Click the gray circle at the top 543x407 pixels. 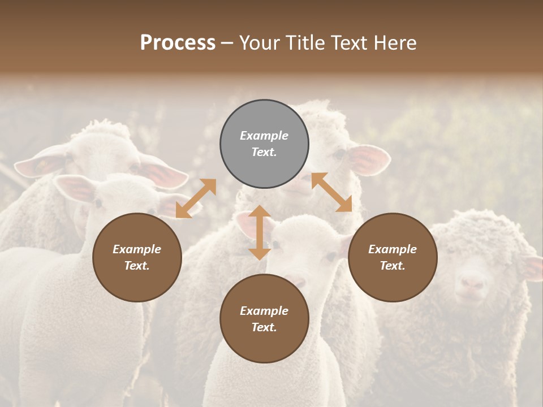click(x=264, y=144)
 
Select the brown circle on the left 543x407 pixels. click(x=137, y=257)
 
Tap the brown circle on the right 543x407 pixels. click(x=393, y=257)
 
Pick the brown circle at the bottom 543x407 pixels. click(x=264, y=319)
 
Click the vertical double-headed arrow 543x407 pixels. click(x=260, y=232)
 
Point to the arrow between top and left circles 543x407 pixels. click(x=196, y=198)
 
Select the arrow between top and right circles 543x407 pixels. click(x=331, y=192)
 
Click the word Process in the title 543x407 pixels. click(x=178, y=42)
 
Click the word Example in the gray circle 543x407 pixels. click(x=264, y=136)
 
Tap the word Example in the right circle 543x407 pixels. click(x=393, y=249)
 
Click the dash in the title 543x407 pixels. click(x=227, y=42)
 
